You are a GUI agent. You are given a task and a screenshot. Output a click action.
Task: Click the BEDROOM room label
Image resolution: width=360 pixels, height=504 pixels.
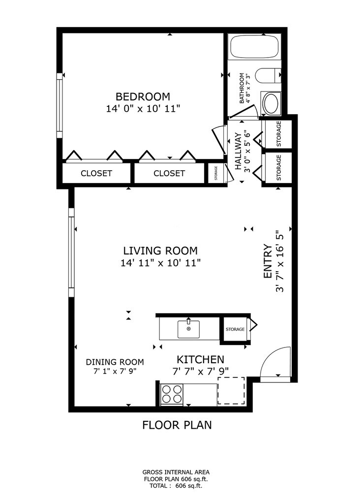(143, 96)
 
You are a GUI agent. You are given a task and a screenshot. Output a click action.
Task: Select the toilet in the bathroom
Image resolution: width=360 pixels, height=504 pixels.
(269, 75)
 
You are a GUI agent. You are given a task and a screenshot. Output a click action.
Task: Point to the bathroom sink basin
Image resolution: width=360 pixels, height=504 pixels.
(271, 103)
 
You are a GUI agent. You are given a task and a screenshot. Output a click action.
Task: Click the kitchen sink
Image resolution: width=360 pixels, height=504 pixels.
(188, 329)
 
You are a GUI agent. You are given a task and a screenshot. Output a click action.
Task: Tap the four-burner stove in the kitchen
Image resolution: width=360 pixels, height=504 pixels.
(172, 394)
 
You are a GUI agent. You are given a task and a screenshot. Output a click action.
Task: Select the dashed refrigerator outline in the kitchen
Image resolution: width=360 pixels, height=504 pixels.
(231, 391)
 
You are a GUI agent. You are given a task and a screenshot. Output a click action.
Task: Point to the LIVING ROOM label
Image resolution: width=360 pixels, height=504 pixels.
(160, 251)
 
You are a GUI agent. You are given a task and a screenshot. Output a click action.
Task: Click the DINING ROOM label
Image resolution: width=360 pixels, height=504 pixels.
(115, 362)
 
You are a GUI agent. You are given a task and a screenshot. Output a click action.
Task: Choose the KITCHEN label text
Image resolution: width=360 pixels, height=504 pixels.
(200, 359)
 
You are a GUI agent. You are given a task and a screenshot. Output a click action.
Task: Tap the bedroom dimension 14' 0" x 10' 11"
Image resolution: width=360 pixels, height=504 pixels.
(143, 109)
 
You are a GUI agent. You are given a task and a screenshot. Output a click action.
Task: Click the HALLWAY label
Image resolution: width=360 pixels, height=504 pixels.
(238, 151)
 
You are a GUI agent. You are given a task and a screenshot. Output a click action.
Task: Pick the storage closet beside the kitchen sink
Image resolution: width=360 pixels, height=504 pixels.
(235, 329)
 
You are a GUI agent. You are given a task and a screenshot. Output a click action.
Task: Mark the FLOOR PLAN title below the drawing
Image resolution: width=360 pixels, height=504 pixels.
(177, 425)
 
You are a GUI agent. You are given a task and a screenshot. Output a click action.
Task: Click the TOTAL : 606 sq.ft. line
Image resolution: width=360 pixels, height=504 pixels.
(176, 486)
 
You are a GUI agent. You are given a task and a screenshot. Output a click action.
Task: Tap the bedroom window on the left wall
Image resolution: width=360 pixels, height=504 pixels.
(60, 106)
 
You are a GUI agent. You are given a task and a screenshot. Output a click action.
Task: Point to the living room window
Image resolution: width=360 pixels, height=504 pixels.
(71, 252)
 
